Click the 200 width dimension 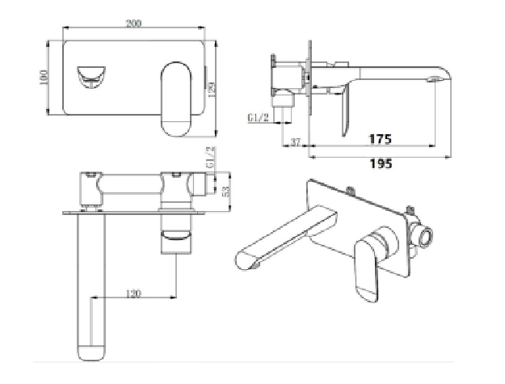click(x=133, y=23)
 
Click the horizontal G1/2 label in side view click(x=259, y=118)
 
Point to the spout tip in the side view click(x=436, y=79)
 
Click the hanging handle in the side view click(x=342, y=113)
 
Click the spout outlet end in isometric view click(x=246, y=262)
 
